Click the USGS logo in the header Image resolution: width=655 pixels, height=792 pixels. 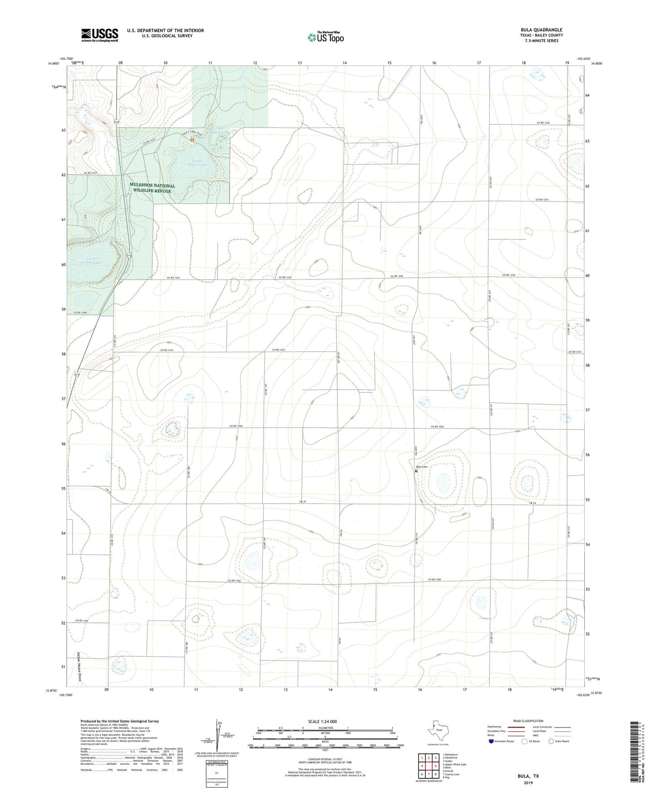[100, 35]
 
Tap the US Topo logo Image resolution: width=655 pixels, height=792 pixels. [325, 37]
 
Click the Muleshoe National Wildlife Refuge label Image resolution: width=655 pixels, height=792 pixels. [152, 188]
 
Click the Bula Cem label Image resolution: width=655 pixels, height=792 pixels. [422, 467]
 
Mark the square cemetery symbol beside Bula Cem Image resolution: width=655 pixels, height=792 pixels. [417, 471]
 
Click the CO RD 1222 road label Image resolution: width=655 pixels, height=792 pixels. [545, 123]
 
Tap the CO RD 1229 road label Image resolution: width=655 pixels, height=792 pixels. [92, 173]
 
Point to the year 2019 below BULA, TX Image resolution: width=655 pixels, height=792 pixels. [528, 782]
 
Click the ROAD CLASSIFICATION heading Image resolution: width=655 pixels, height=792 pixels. [528, 721]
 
